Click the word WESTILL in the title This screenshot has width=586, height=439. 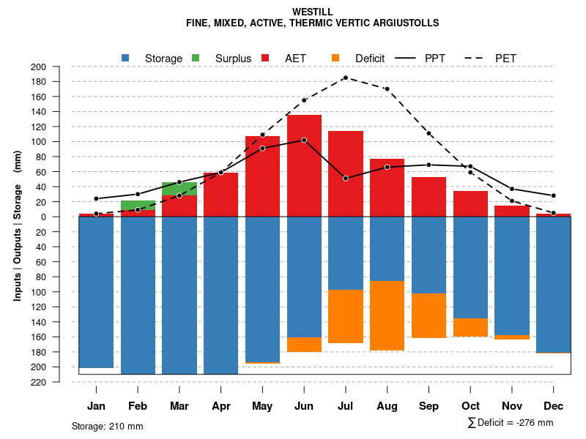[x=313, y=12]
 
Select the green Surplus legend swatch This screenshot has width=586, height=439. [x=196, y=58]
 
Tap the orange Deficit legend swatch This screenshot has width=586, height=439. [x=335, y=58]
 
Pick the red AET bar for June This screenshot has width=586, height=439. [x=304, y=165]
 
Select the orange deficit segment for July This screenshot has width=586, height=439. [x=346, y=316]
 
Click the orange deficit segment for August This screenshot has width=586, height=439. [x=387, y=315]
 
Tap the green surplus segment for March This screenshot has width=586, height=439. [x=179, y=189]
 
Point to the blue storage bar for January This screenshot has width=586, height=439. [x=96, y=292]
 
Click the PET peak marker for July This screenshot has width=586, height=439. [x=346, y=78]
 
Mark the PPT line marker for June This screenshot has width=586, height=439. [x=304, y=140]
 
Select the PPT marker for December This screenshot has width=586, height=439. [x=554, y=195]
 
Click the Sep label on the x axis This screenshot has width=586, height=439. [x=429, y=406]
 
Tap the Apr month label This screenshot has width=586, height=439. [x=220, y=406]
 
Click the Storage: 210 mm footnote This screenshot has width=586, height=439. [x=107, y=426]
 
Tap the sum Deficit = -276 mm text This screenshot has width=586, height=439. [x=511, y=422]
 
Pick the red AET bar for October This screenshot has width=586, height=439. [x=470, y=203]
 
